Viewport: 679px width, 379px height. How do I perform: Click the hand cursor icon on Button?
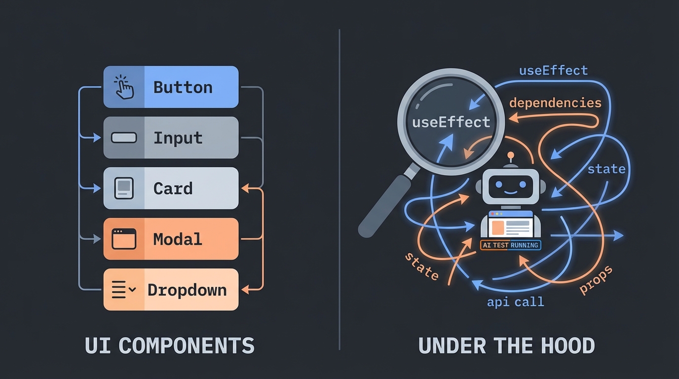click(124, 87)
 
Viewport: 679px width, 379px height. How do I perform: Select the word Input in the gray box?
click(178, 138)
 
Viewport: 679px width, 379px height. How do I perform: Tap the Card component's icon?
click(124, 188)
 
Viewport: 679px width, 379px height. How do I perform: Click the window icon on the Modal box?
click(124, 239)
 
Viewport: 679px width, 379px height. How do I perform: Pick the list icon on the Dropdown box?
click(123, 290)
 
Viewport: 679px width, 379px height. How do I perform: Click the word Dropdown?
click(187, 290)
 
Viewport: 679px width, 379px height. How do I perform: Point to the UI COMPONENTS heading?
click(169, 345)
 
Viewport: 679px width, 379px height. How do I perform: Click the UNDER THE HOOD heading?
click(506, 345)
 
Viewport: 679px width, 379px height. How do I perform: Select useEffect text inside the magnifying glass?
click(451, 122)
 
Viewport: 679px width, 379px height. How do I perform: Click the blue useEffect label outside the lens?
click(553, 71)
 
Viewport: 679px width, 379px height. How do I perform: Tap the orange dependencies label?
click(555, 103)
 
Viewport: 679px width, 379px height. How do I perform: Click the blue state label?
click(606, 169)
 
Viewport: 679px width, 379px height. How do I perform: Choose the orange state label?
click(421, 266)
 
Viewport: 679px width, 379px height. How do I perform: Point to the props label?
click(596, 279)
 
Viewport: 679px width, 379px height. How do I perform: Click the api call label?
click(515, 302)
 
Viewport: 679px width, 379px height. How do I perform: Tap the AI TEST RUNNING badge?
click(510, 245)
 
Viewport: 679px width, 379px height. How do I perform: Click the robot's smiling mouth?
click(511, 190)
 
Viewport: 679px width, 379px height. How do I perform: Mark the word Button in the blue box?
click(183, 87)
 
